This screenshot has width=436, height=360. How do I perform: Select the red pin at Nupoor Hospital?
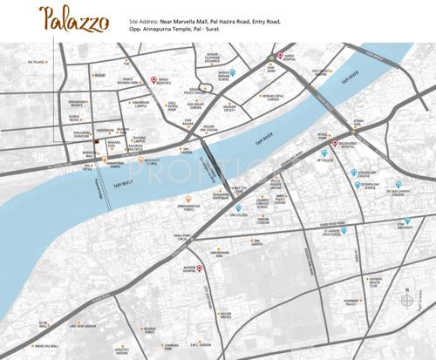click(198, 268)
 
